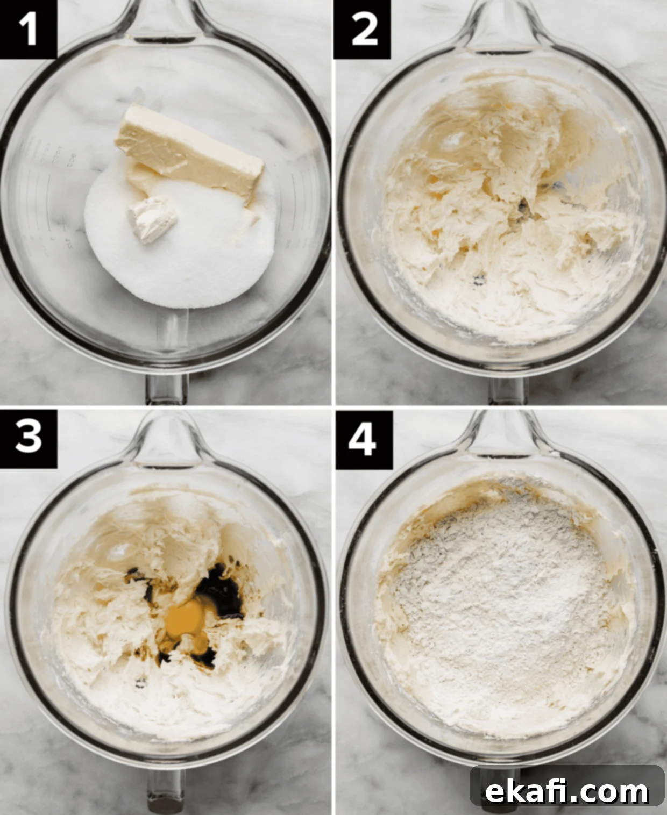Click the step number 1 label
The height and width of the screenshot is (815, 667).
(28, 29)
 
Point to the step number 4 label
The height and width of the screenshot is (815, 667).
(364, 439)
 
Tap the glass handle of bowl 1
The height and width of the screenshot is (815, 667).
(166, 388)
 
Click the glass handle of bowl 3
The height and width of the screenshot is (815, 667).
(166, 796)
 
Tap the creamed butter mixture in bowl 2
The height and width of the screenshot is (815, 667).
(499, 217)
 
